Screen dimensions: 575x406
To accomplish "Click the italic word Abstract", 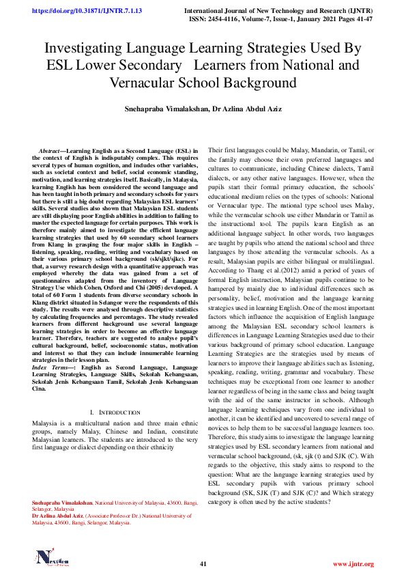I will (49, 150).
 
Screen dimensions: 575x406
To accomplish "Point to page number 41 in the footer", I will (203, 563).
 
